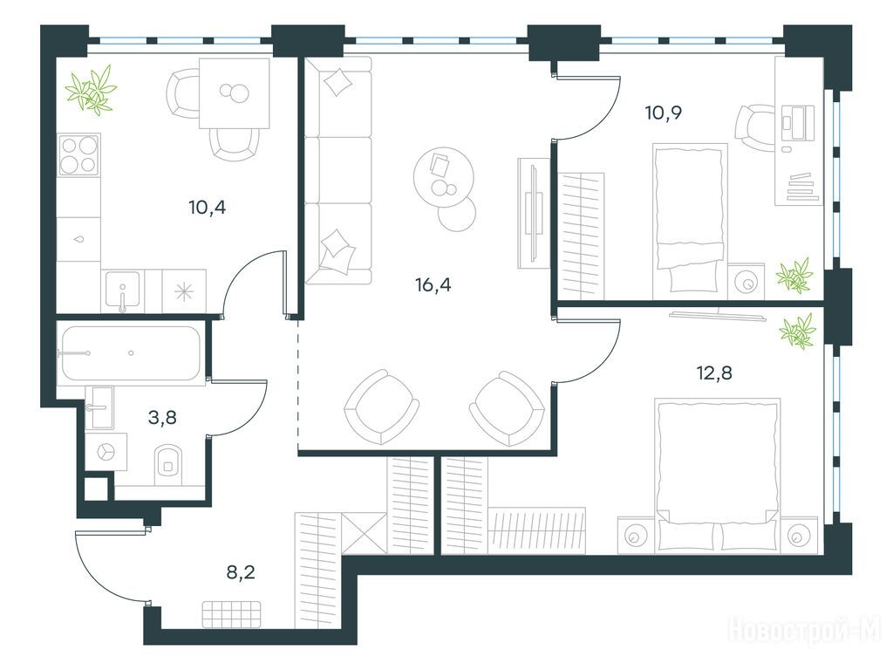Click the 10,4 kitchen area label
(208, 208)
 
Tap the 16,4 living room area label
(433, 284)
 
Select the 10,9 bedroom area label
(664, 113)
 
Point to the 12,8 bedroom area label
(714, 373)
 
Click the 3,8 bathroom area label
(162, 418)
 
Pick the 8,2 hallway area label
(241, 571)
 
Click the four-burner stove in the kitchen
(79, 155)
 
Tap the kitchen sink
(122, 291)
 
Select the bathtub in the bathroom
(131, 352)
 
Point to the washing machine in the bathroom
(106, 451)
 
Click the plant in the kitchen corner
(91, 88)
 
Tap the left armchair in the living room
(381, 407)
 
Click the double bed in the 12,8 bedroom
(717, 474)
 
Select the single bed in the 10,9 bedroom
(691, 217)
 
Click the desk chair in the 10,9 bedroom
(755, 129)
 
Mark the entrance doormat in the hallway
(231, 615)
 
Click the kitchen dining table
(234, 93)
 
